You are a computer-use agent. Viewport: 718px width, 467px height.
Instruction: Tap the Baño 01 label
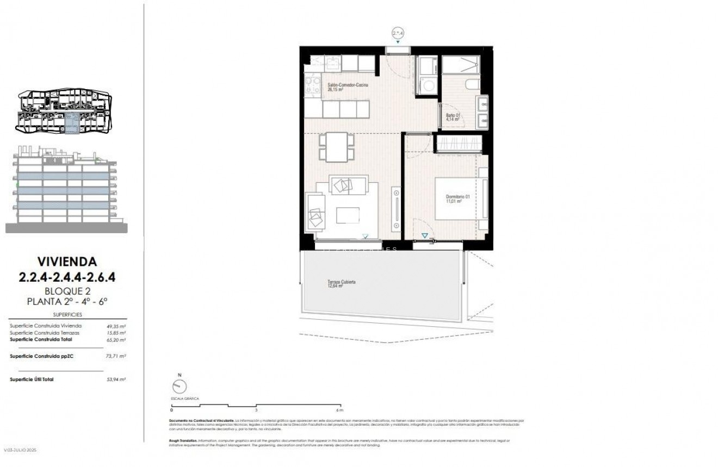click(453, 115)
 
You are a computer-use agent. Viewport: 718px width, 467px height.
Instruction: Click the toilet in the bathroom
click(472, 83)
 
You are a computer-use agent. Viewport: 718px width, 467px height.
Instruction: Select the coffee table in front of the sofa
click(348, 215)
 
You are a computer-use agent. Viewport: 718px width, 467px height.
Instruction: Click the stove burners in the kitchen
click(313, 85)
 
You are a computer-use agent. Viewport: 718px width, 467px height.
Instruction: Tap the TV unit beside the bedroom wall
click(396, 209)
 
